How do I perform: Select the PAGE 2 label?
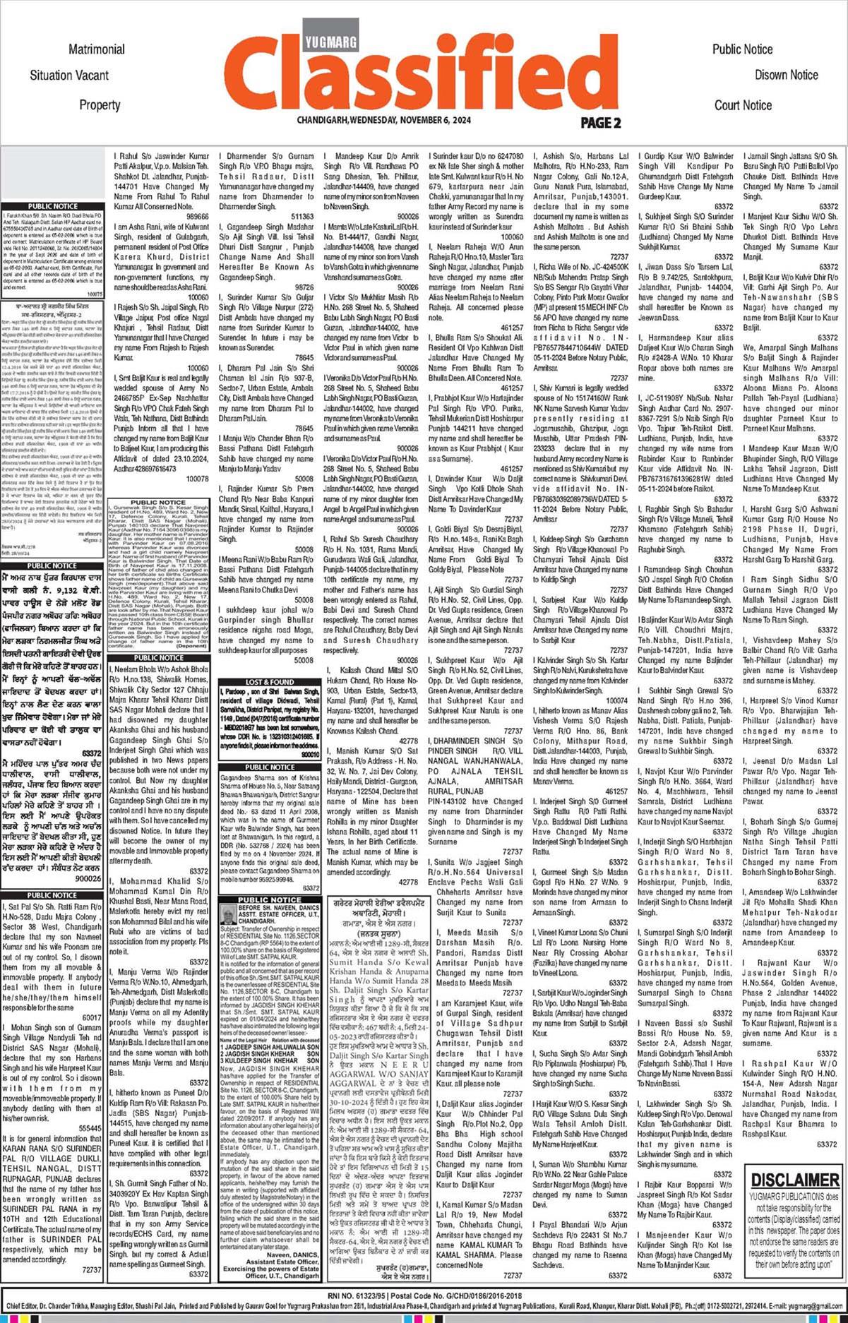600,123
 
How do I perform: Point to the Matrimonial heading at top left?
97,49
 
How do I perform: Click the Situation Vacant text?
69,76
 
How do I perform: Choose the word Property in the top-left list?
100,105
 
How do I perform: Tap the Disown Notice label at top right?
786,75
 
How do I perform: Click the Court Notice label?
743,105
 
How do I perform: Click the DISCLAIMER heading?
794,1180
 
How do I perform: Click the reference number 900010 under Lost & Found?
309,755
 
